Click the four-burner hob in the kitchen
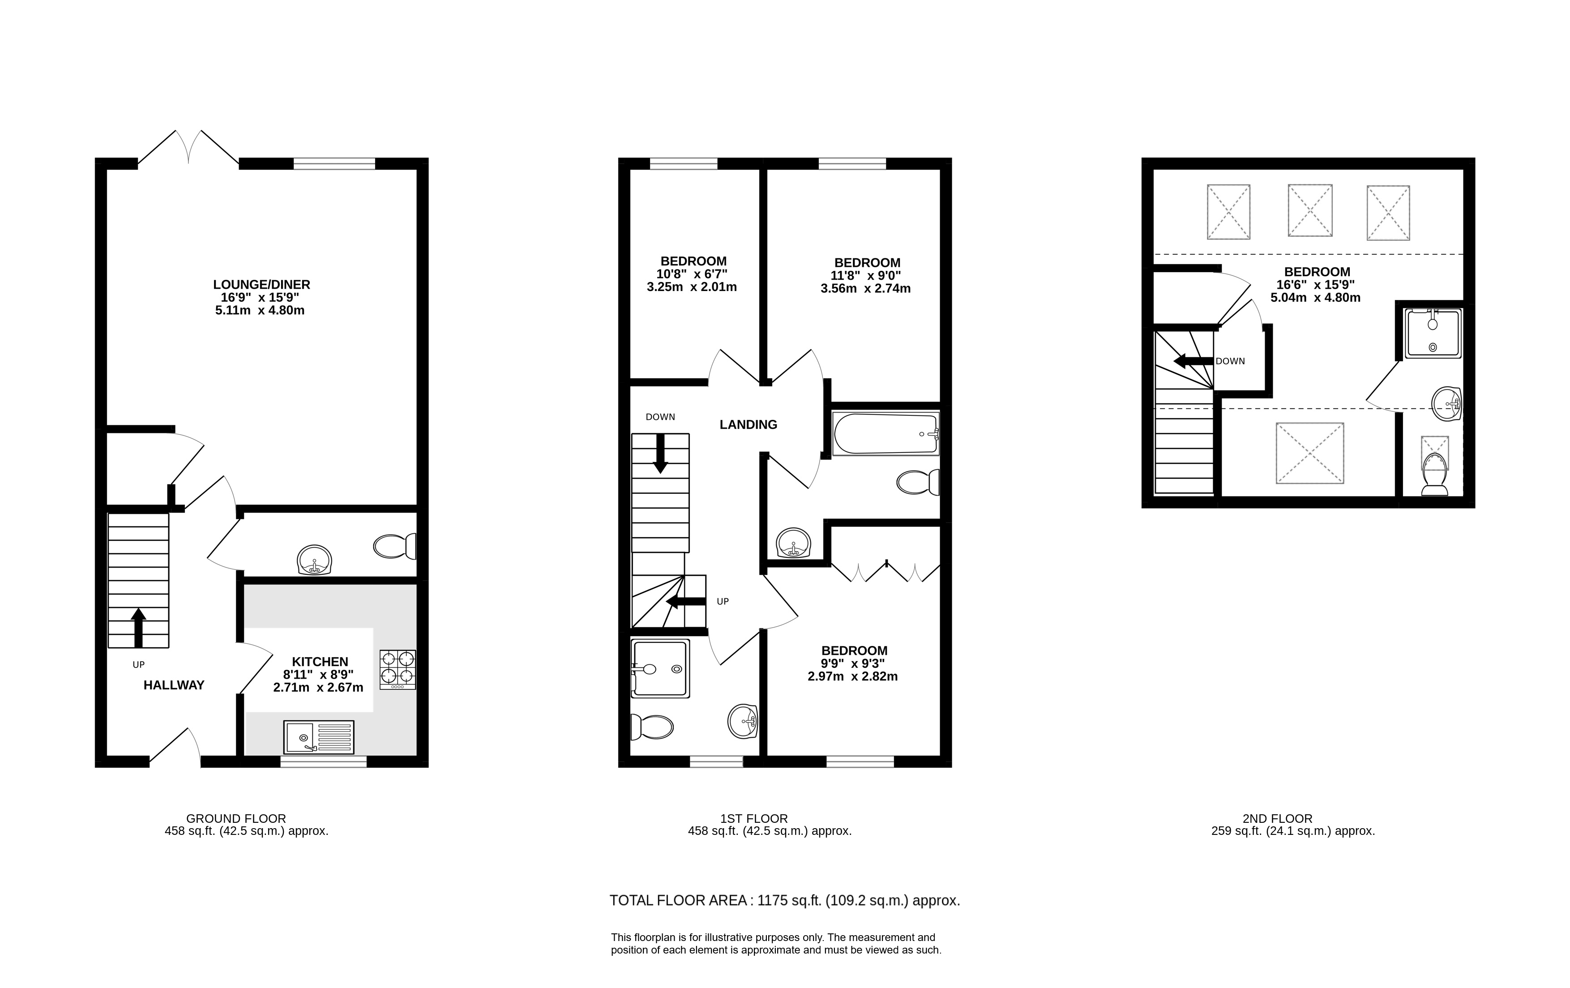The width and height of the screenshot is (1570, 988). [398, 670]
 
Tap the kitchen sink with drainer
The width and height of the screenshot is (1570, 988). [319, 737]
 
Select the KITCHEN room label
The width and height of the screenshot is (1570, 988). [320, 661]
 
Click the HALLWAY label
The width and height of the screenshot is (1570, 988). [174, 685]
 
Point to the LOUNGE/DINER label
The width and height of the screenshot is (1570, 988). [261, 284]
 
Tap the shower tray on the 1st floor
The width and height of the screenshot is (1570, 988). [660, 668]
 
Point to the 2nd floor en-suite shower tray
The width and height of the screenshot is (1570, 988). [1433, 333]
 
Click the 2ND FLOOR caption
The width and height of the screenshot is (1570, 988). [1277, 818]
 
